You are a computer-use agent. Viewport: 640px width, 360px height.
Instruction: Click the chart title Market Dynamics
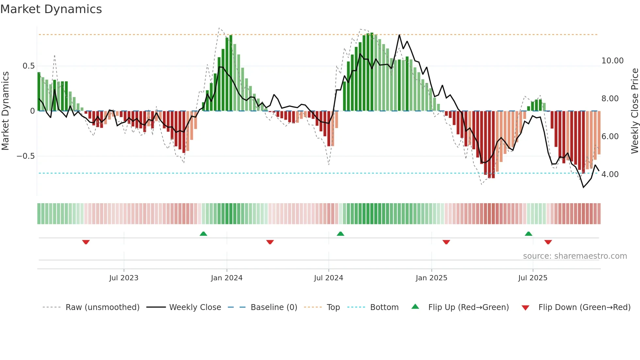[51, 9]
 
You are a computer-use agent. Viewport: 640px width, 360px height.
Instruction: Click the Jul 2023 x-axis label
[124, 278]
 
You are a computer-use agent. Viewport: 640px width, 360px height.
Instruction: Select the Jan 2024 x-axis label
[227, 278]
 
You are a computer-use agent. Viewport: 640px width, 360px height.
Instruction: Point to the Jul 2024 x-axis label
[328, 278]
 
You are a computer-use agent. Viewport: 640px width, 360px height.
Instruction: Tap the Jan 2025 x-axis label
[431, 278]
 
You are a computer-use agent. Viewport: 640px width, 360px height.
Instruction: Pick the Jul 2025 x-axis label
[533, 278]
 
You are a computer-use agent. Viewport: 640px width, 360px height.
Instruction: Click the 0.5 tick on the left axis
[28, 66]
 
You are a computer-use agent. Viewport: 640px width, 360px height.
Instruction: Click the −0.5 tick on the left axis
[26, 156]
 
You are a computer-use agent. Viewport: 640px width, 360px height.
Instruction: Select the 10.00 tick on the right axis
[612, 61]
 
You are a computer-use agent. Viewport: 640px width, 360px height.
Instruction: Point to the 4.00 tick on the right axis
[610, 174]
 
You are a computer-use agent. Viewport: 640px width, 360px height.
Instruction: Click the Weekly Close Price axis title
[634, 111]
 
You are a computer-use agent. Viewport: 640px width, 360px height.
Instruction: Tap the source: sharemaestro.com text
[575, 256]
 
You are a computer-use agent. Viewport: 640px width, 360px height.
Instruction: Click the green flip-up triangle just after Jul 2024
[340, 234]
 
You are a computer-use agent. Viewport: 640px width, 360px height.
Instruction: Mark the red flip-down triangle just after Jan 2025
[446, 242]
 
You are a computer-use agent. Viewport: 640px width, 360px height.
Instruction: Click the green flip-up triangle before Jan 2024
[203, 234]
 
